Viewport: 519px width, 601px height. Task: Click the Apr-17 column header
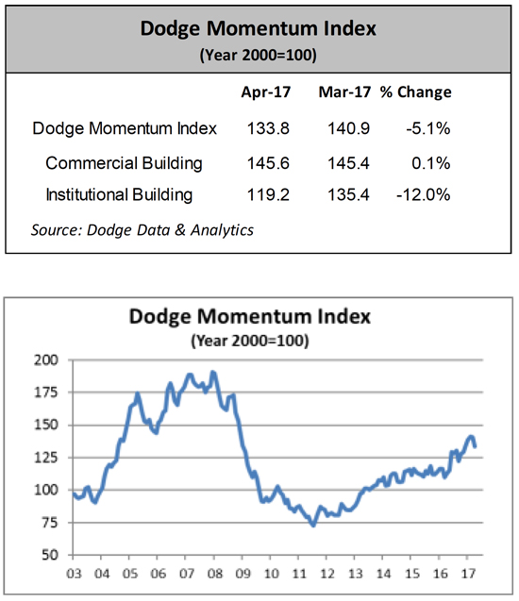point(265,92)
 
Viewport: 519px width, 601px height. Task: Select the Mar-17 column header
point(344,92)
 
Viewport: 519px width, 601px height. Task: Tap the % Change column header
point(415,92)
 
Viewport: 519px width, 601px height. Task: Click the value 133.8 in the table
point(268,128)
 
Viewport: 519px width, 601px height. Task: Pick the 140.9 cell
point(348,128)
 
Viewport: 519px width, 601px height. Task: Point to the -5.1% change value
point(428,128)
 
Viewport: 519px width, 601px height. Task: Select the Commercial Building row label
point(124,163)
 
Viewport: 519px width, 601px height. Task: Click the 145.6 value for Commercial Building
point(268,163)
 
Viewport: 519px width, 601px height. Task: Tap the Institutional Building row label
point(119,195)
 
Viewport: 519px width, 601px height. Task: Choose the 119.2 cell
point(268,195)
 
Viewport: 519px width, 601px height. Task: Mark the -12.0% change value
point(423,195)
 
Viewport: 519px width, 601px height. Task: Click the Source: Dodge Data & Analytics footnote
point(142,230)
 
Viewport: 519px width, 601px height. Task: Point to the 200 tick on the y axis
point(46,360)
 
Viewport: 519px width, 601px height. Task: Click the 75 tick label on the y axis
point(51,523)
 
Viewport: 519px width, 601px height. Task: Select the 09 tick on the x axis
point(243,575)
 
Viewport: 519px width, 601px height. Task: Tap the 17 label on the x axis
point(468,575)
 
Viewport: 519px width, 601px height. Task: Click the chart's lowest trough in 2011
point(313,526)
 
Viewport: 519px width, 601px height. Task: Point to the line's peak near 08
point(213,372)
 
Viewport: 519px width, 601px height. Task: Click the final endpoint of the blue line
point(476,446)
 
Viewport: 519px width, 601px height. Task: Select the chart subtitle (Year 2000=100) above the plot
point(250,341)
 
